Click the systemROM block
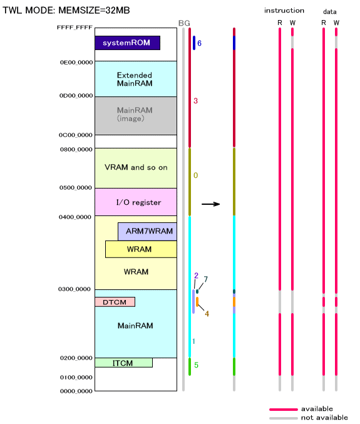(x=127, y=43)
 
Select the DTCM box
(x=115, y=302)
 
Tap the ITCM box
(x=123, y=363)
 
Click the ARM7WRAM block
(x=147, y=232)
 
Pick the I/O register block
(x=136, y=202)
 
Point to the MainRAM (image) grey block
(x=136, y=116)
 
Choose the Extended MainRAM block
(x=136, y=79)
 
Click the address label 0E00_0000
(x=76, y=63)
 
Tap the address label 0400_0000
(x=75, y=217)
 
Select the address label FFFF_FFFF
(x=75, y=28)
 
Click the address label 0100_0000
(x=76, y=377)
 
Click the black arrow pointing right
(x=211, y=204)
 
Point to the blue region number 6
(x=199, y=43)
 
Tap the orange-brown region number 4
(x=207, y=314)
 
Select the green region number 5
(x=196, y=365)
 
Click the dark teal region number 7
(x=206, y=279)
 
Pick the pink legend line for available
(x=284, y=410)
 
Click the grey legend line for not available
(x=284, y=418)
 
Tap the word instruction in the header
(x=284, y=11)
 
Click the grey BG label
(x=184, y=23)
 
